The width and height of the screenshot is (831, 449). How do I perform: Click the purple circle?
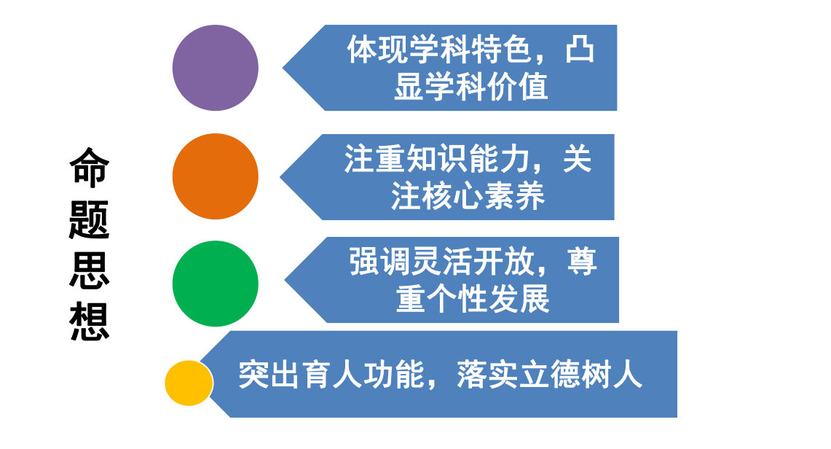pos(215,68)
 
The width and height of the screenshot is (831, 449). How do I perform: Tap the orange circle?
pos(215,176)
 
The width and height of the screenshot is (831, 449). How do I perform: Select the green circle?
pos(215,284)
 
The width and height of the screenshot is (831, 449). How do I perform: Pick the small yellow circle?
pos(189,383)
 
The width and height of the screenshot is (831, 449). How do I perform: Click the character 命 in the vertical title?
pos(89,168)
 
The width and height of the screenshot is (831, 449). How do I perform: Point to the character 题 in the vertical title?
pos(89,219)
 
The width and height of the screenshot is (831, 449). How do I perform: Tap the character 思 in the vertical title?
pos(89,270)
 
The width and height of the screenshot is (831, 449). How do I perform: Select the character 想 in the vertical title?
pos(89,321)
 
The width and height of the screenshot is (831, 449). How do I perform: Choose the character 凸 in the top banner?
pos(579,50)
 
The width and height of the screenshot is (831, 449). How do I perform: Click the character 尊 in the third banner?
pos(582,262)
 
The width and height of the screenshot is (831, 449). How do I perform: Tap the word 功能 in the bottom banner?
pos(394,375)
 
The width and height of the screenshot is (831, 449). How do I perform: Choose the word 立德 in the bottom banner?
pos(550,375)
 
